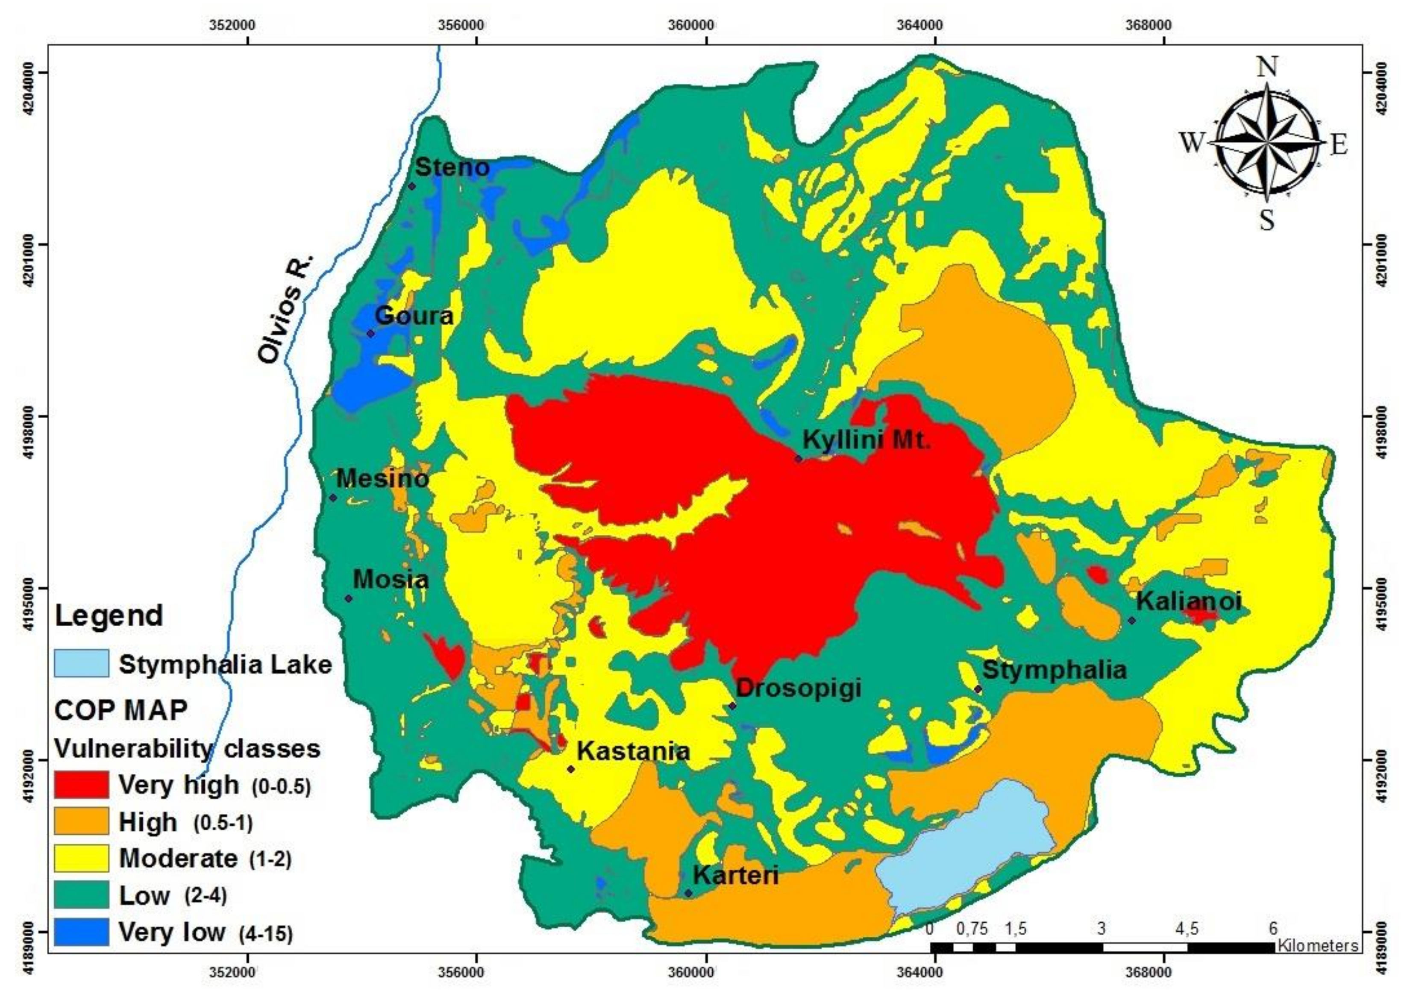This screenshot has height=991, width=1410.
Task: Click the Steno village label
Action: click(x=452, y=167)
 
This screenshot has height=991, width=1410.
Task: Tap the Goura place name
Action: click(x=414, y=316)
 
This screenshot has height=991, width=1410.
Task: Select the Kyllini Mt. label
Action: click(x=867, y=440)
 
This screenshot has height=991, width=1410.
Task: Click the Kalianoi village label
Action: click(x=1188, y=601)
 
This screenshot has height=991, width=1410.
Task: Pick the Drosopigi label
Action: click(x=798, y=688)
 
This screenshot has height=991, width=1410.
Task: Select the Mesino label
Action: click(x=382, y=478)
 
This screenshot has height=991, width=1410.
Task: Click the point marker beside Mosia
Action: click(x=348, y=598)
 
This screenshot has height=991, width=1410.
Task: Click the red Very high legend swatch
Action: click(x=81, y=785)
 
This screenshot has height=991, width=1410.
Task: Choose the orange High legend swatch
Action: click(x=81, y=821)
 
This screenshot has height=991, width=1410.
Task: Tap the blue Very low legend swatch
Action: click(x=81, y=932)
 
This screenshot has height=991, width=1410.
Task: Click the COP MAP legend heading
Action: click(x=121, y=710)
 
